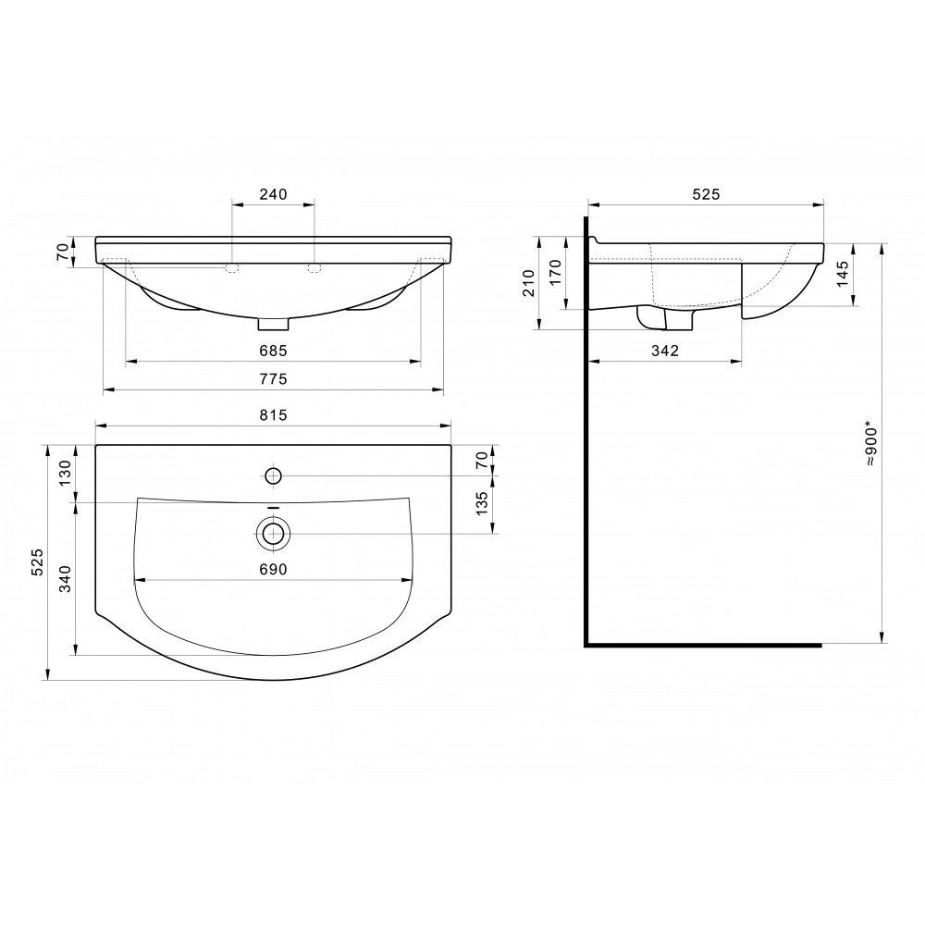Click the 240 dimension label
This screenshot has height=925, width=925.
[273, 194]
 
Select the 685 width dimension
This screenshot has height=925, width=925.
[273, 351]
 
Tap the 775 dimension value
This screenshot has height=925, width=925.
[273, 378]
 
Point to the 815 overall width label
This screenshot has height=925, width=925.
[273, 415]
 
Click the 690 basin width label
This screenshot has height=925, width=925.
[273, 569]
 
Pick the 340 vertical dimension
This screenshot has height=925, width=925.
[65, 579]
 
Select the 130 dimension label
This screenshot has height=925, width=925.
[65, 472]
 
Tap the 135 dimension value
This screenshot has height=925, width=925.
[482, 504]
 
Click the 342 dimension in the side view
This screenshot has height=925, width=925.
[665, 351]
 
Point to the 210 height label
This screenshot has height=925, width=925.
[528, 282]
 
